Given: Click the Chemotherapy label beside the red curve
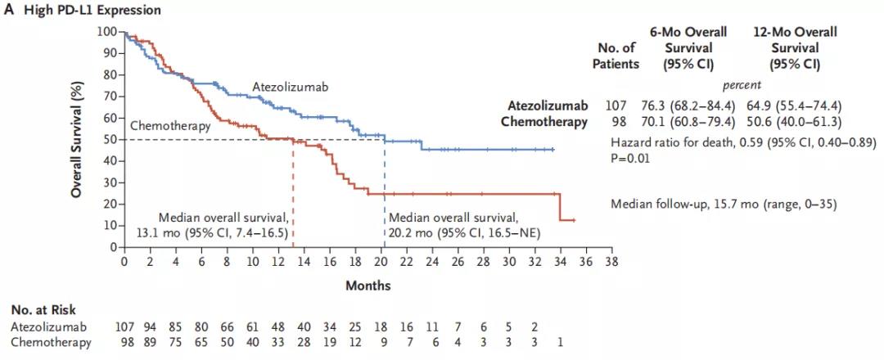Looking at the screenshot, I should [x=170, y=126].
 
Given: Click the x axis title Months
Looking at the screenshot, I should [x=368, y=286].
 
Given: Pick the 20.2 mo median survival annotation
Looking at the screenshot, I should [x=453, y=225].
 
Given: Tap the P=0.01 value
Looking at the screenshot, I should [x=630, y=158].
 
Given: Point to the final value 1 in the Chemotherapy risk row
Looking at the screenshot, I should [x=561, y=341].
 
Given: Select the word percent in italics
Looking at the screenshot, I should [x=742, y=84].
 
